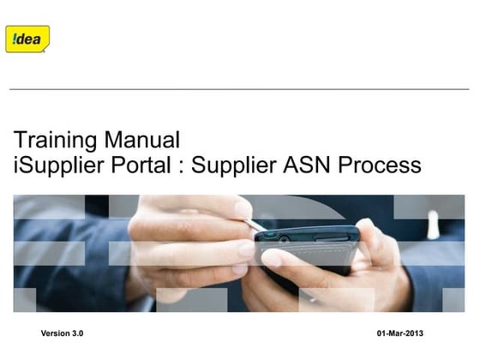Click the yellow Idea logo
pyautogui.click(x=27, y=39)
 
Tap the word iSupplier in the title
pyautogui.click(x=53, y=165)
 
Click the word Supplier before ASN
pyautogui.click(x=231, y=165)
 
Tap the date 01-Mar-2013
pyautogui.click(x=400, y=333)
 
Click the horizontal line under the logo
pyautogui.click(x=239, y=89)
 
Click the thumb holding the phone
pyautogui.click(x=283, y=257)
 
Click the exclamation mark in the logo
pyautogui.click(x=14, y=39)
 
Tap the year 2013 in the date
pyautogui.click(x=414, y=333)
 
